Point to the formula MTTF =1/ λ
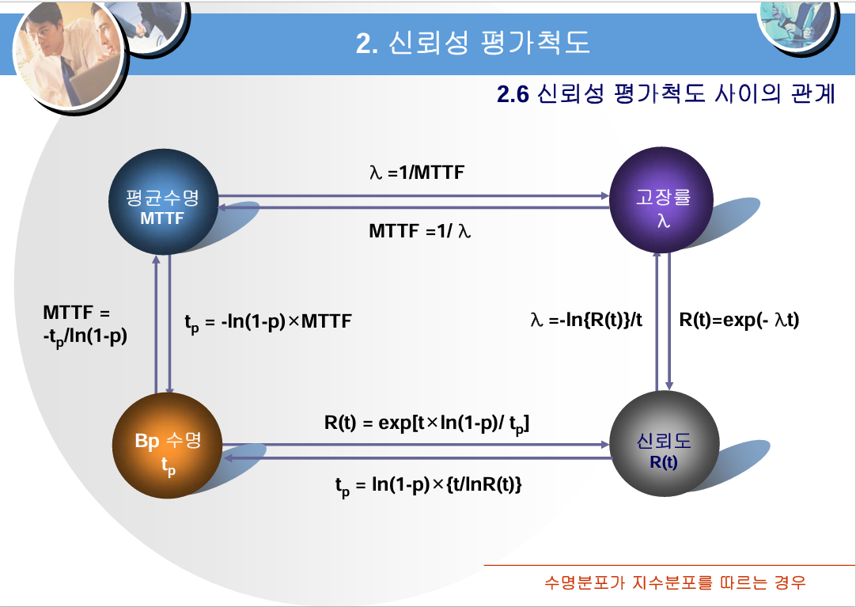click(x=420, y=232)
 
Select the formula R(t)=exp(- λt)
click(x=740, y=321)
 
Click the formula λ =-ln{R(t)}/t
click(x=586, y=321)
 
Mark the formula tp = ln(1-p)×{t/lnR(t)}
click(x=428, y=485)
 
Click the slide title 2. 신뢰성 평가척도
click(x=473, y=44)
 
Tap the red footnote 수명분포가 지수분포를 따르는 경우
click(x=675, y=583)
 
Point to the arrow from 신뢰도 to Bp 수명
click(x=419, y=457)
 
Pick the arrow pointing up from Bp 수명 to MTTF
click(x=157, y=324)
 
